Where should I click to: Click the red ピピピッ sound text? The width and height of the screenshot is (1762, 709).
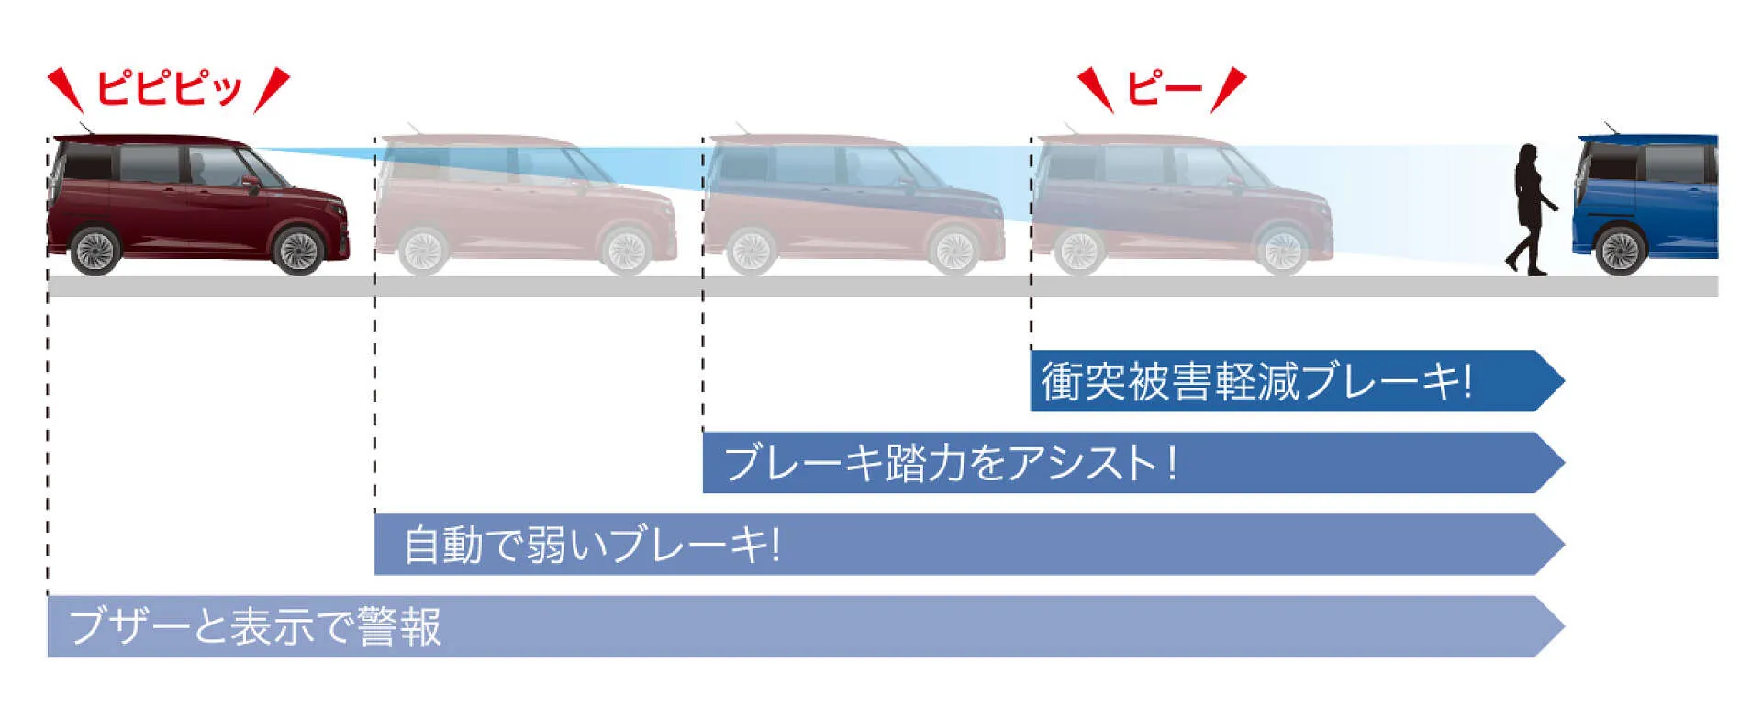pyautogui.click(x=169, y=88)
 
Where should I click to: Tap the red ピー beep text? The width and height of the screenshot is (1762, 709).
pyautogui.click(x=1164, y=88)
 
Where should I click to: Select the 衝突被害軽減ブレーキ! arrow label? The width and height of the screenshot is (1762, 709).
pyautogui.click(x=1255, y=380)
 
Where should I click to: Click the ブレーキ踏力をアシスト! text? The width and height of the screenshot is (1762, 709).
pyautogui.click(x=950, y=462)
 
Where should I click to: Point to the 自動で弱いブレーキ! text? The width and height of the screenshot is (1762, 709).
pyautogui.click(x=592, y=544)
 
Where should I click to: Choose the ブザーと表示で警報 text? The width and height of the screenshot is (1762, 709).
pyautogui.click(x=255, y=626)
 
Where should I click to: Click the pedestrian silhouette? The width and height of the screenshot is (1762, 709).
pyautogui.click(x=1530, y=209)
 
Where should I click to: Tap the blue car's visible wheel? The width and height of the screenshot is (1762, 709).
pyautogui.click(x=1621, y=250)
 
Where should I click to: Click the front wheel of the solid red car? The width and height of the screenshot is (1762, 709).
pyautogui.click(x=298, y=250)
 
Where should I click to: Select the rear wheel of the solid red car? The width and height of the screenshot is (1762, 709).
pyautogui.click(x=95, y=250)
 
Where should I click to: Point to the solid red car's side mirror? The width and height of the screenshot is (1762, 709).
pyautogui.click(x=250, y=183)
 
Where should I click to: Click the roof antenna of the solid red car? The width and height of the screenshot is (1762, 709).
pyautogui.click(x=84, y=128)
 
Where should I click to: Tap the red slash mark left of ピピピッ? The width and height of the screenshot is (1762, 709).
pyautogui.click(x=64, y=88)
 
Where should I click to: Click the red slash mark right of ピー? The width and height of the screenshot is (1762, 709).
pyautogui.click(x=1228, y=89)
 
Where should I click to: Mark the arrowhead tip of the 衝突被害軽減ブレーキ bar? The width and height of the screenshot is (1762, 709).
pyautogui.click(x=1564, y=380)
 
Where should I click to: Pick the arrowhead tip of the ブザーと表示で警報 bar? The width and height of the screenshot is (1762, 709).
pyautogui.click(x=1564, y=626)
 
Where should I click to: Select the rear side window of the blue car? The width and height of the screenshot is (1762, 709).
pyautogui.click(x=1674, y=163)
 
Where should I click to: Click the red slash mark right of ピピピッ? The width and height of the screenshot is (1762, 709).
pyautogui.click(x=272, y=90)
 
